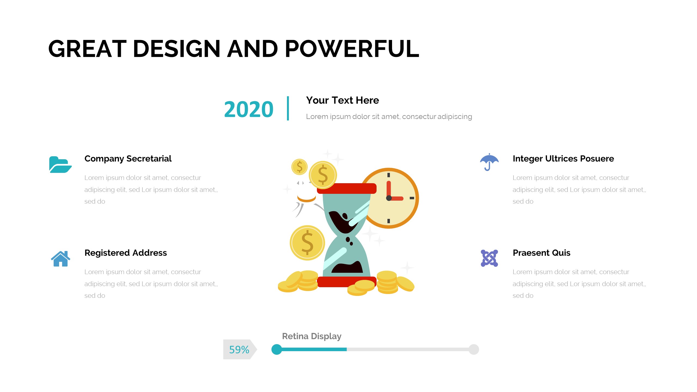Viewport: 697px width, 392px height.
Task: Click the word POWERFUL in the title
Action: (352, 49)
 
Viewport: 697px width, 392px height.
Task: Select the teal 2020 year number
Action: (249, 109)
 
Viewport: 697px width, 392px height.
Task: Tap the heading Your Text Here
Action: (342, 100)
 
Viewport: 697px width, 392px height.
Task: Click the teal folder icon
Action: (60, 164)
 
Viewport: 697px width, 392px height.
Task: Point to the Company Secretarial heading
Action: (128, 158)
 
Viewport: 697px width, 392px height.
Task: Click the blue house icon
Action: (60, 258)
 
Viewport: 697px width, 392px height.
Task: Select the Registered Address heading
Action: (126, 253)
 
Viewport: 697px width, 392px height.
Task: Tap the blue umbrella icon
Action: (489, 162)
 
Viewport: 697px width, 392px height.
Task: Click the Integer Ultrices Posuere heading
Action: (563, 158)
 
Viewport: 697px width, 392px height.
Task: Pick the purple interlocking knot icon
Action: (489, 258)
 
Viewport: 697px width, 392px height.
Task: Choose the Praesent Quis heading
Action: (541, 253)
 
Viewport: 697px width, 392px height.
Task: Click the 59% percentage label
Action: (239, 350)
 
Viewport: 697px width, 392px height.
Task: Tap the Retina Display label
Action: (311, 336)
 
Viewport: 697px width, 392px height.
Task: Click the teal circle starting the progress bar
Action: (277, 349)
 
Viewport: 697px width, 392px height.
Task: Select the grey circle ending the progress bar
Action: (474, 349)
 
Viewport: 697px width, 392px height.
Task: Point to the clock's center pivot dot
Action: (389, 198)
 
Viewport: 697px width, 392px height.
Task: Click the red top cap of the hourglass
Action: (347, 188)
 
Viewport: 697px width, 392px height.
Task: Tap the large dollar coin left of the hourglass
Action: (307, 243)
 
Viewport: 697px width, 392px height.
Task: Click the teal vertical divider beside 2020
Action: (288, 108)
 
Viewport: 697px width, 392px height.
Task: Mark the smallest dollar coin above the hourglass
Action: (299, 167)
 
